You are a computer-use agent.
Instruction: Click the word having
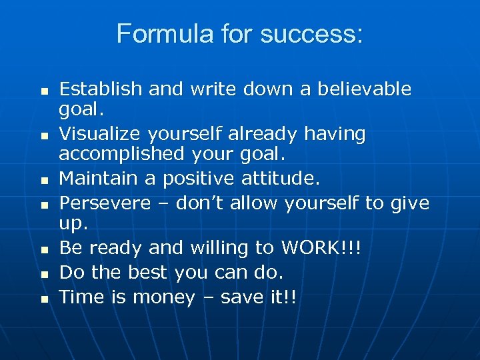point(335,134)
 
